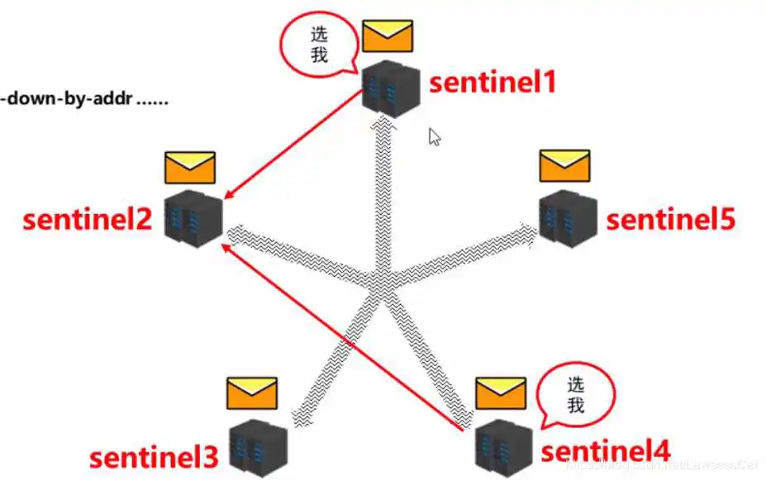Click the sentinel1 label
click(492, 83)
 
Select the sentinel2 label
click(87, 221)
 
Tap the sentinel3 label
click(154, 457)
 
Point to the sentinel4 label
click(605, 452)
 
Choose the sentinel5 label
click(671, 220)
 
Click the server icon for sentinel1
click(392, 88)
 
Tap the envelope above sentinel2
click(189, 168)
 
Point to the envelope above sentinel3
click(252, 393)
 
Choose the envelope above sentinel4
click(501, 393)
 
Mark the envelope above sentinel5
click(565, 166)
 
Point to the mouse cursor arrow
click(435, 136)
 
